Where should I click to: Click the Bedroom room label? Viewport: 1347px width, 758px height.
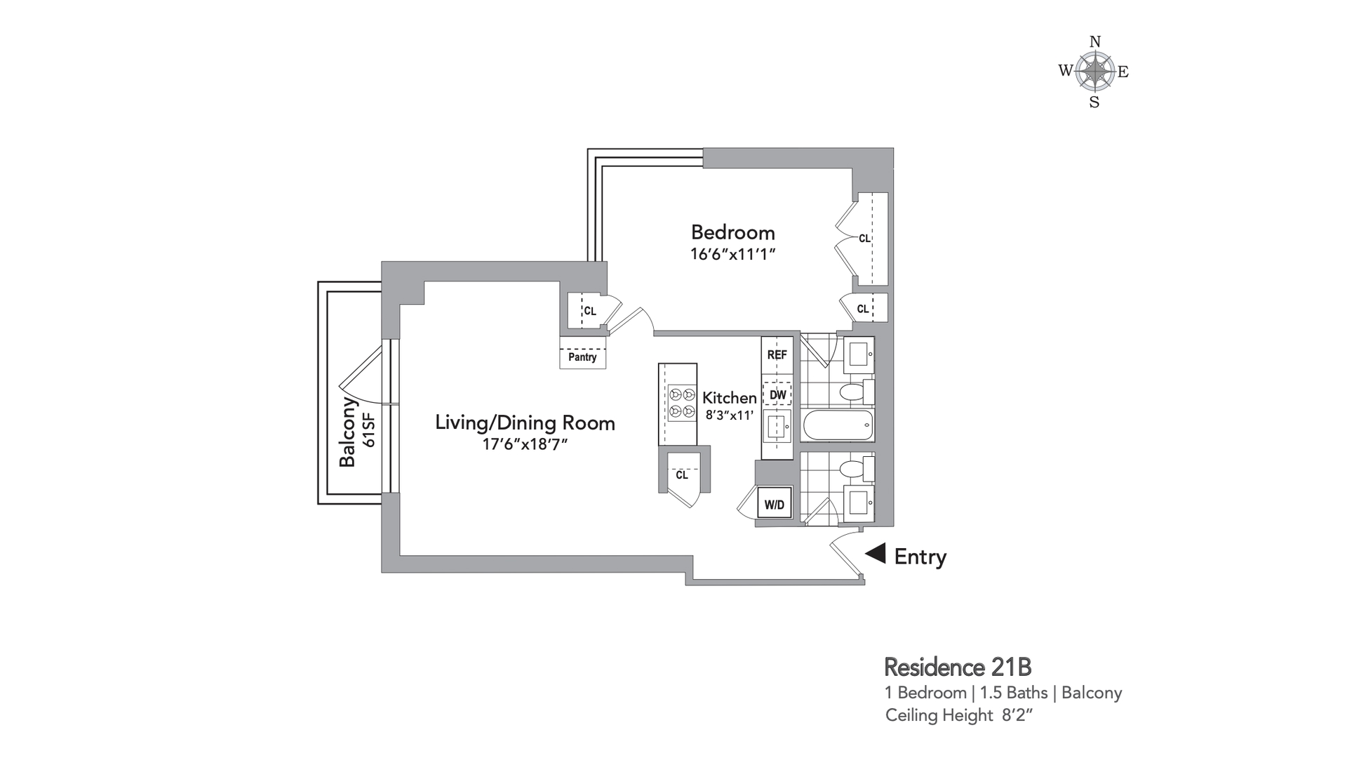pyautogui.click(x=732, y=232)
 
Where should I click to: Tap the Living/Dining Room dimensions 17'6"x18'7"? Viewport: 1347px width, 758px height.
pyautogui.click(x=525, y=445)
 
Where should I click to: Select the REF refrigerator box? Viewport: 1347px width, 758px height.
pyautogui.click(x=777, y=355)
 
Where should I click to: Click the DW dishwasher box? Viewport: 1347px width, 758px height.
pyautogui.click(x=777, y=394)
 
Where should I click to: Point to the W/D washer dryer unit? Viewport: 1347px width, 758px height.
pyautogui.click(x=775, y=505)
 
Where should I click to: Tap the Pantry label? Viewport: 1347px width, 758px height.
pyautogui.click(x=582, y=357)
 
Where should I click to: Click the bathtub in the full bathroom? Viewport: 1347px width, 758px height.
pyautogui.click(x=838, y=425)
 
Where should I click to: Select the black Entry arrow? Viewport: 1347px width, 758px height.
pyautogui.click(x=876, y=554)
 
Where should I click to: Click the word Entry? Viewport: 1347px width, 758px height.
pyautogui.click(x=920, y=557)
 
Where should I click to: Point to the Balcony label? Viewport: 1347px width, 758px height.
pyautogui.click(x=348, y=432)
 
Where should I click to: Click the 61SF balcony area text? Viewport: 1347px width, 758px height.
pyautogui.click(x=369, y=430)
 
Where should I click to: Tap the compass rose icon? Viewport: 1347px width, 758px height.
pyautogui.click(x=1094, y=72)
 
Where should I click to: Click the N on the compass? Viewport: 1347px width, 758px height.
pyautogui.click(x=1094, y=42)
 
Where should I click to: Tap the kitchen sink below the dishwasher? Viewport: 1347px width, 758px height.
pyautogui.click(x=777, y=425)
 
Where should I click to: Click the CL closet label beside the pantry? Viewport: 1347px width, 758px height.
pyautogui.click(x=590, y=311)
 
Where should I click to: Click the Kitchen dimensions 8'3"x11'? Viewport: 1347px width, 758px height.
pyautogui.click(x=729, y=415)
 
